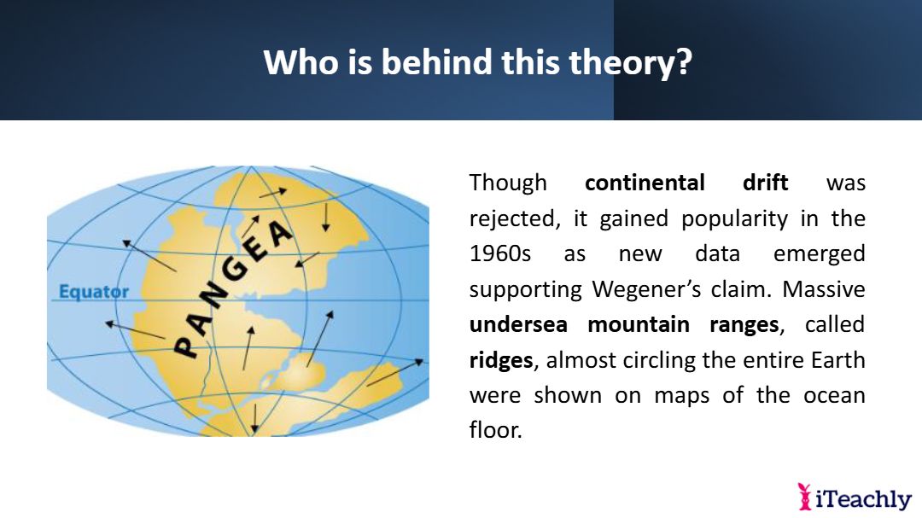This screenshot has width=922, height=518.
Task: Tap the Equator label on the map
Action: point(94,292)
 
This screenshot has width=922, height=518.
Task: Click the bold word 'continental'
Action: point(645,183)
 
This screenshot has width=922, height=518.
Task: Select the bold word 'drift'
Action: point(765,183)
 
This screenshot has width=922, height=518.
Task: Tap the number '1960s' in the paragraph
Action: point(499,254)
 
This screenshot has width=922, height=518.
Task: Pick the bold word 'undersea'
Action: point(519,324)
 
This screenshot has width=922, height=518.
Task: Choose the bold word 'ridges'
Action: point(501,360)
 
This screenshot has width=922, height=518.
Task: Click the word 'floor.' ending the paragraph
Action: point(496,430)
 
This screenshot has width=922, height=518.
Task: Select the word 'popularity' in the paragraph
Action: point(734,219)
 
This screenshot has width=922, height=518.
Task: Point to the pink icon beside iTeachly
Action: point(804,497)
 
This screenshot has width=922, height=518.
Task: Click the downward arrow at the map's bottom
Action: point(254,418)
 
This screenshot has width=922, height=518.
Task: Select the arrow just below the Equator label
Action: point(135,330)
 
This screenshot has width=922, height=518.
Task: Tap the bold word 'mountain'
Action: point(639,324)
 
